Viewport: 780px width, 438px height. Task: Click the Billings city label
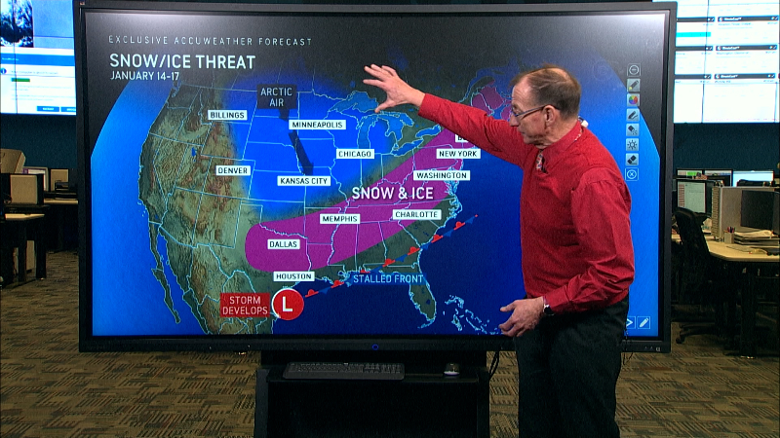[x=226, y=115]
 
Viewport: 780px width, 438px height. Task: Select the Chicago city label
[x=355, y=154]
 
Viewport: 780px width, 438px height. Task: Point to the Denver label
[x=233, y=169]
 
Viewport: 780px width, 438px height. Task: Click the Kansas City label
[x=302, y=181]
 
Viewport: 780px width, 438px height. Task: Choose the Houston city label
[x=293, y=276]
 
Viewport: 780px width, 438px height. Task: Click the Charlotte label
[x=416, y=214]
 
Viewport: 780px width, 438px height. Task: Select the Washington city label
[x=441, y=175]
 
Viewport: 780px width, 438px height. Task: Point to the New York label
[x=458, y=154]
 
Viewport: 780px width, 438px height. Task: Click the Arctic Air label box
[x=276, y=96]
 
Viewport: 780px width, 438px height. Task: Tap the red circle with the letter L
[x=287, y=305]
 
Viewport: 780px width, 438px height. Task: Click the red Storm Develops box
[x=244, y=305]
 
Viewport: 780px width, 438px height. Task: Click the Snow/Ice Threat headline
[x=182, y=62]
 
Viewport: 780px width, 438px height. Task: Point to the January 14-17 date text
[x=147, y=76]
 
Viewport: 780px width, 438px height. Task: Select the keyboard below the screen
[x=343, y=371]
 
